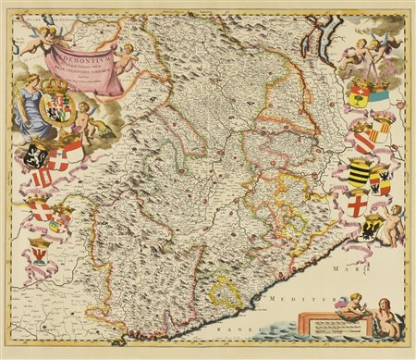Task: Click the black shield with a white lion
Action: pos(36,154)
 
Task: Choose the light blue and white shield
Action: pos(380,93)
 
